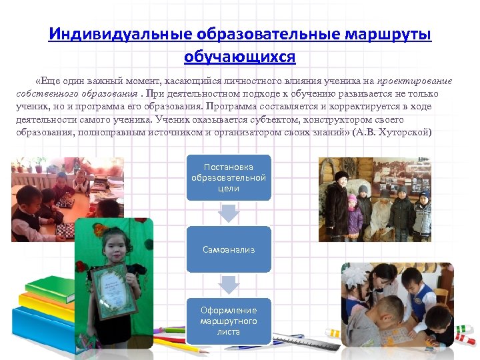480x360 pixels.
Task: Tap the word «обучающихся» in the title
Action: coord(240,56)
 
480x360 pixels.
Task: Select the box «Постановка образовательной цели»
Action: coord(229,177)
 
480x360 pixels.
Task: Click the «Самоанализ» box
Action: coord(229,249)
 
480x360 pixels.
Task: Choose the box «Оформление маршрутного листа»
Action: coord(229,321)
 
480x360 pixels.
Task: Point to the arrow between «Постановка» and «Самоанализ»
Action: coord(229,213)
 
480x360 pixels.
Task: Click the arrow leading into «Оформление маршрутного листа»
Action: coord(229,285)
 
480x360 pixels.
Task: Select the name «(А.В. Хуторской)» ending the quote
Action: coord(393,133)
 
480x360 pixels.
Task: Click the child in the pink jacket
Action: coord(353,213)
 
